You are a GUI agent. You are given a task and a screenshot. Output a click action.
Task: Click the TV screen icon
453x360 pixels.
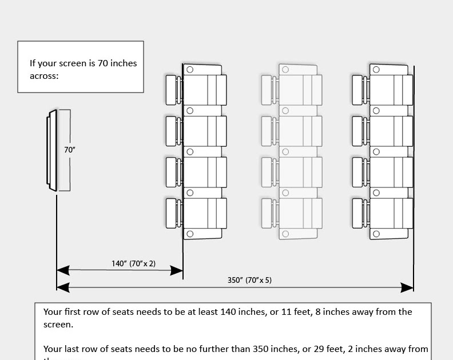[52, 150]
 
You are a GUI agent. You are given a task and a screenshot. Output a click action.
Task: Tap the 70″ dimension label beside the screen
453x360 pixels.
[70, 150]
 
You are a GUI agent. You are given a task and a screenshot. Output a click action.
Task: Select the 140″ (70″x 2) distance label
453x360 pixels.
[133, 263]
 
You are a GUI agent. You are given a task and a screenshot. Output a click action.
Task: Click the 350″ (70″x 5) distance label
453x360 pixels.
[249, 281]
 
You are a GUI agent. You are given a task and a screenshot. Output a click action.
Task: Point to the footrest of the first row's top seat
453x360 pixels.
[171, 90]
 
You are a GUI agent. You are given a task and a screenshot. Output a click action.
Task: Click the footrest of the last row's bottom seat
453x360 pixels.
[358, 213]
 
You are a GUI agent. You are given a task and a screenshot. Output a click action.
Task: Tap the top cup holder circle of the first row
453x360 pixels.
[190, 69]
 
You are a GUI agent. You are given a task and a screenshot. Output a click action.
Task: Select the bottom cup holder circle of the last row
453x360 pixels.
[377, 233]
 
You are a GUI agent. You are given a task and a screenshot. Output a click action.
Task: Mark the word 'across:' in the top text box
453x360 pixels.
[44, 75]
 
